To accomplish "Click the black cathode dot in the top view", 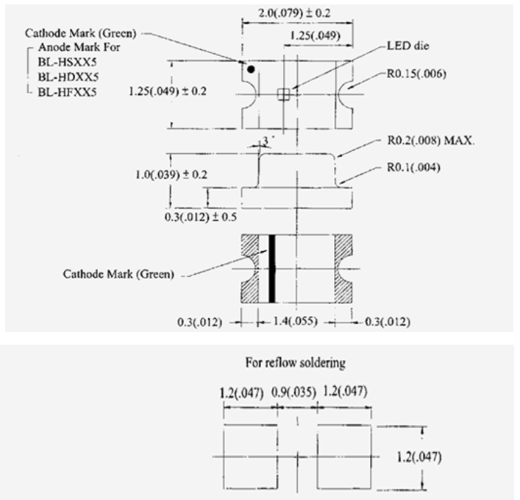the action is (251, 69).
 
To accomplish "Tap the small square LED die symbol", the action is (284, 94).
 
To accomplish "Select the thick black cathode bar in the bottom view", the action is (272, 269).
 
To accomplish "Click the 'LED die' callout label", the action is (408, 46).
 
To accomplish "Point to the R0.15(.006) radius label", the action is (416, 74).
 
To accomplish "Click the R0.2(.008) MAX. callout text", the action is (431, 141).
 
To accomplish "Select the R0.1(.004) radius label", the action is (413, 168).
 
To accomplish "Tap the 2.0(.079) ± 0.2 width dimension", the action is (294, 13).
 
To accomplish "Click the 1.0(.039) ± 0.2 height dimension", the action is (171, 175).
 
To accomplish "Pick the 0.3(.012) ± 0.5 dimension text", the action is (201, 217).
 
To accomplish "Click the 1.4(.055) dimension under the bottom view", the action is (295, 321).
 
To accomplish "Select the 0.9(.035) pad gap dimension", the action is (293, 392).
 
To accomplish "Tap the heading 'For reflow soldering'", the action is (296, 362).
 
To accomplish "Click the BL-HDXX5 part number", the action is (68, 77).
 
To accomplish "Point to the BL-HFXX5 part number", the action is (68, 92).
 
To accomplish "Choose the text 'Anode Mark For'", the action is (79, 47).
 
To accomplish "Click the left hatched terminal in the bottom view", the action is (249, 269).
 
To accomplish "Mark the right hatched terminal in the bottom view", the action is (343, 269).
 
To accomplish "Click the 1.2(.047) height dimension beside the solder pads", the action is (419, 457).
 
